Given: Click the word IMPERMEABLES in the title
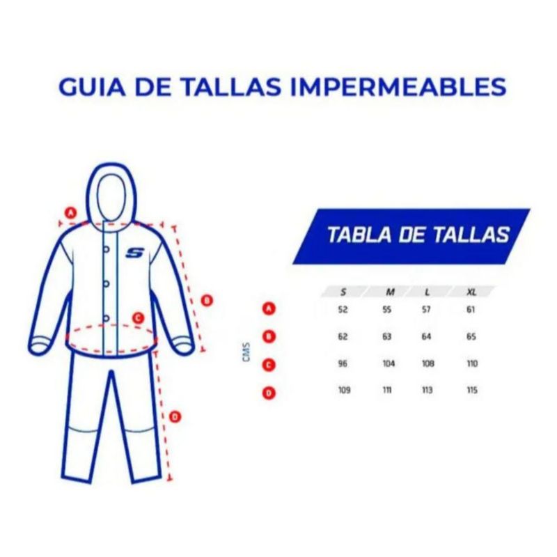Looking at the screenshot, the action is point(398,87).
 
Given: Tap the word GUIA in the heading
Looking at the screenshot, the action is point(92,87).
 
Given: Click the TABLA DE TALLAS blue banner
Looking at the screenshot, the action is point(411,236).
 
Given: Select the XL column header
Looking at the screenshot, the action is point(471,292).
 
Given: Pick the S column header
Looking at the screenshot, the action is point(343,292).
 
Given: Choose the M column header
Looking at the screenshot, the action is point(390,292).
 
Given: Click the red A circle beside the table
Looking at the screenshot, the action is point(269,308).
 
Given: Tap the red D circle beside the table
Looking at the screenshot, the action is point(269,393).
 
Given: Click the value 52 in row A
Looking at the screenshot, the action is point(343,309).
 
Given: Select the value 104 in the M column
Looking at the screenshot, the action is point(389,363).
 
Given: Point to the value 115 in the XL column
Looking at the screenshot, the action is point(472,390).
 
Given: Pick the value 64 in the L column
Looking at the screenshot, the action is point(426,336).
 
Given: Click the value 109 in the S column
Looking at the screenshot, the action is point(344,390).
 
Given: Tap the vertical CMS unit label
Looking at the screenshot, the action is point(246,352).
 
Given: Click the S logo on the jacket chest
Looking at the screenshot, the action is point(134,253).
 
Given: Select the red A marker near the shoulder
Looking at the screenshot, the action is point(71,213).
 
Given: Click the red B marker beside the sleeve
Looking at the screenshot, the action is point(207,301).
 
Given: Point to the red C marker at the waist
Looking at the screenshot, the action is point(138,318).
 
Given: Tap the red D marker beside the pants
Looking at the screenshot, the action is point(175,416).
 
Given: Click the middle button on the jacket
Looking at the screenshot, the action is point(106,284).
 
